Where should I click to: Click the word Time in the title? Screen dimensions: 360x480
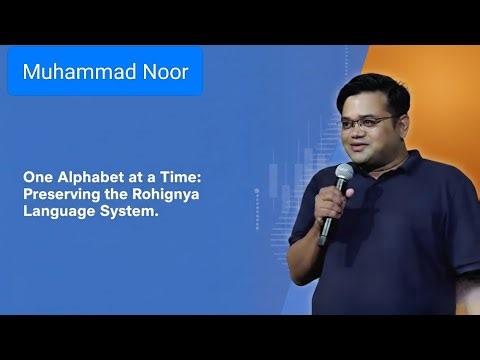[182, 174]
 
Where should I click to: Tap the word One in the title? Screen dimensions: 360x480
[38, 174]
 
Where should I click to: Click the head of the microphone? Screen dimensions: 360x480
[344, 175]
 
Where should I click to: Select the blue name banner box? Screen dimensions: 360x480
[105, 72]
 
